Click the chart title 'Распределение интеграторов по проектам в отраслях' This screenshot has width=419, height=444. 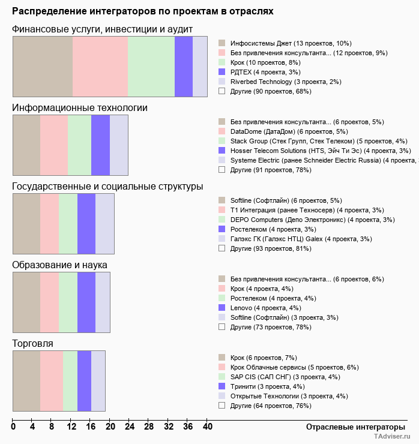pos(142,11)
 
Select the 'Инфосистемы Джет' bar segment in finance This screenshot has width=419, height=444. pos(43,66)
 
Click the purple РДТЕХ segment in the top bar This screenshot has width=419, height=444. pos(184,66)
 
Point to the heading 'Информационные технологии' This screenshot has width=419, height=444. pos(80,108)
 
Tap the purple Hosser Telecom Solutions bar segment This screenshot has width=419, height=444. pos(100,145)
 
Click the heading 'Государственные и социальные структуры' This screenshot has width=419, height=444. pos(107,187)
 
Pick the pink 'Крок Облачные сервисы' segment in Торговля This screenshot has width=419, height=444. pos(52,381)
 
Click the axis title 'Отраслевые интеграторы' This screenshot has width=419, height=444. pos(352,427)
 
